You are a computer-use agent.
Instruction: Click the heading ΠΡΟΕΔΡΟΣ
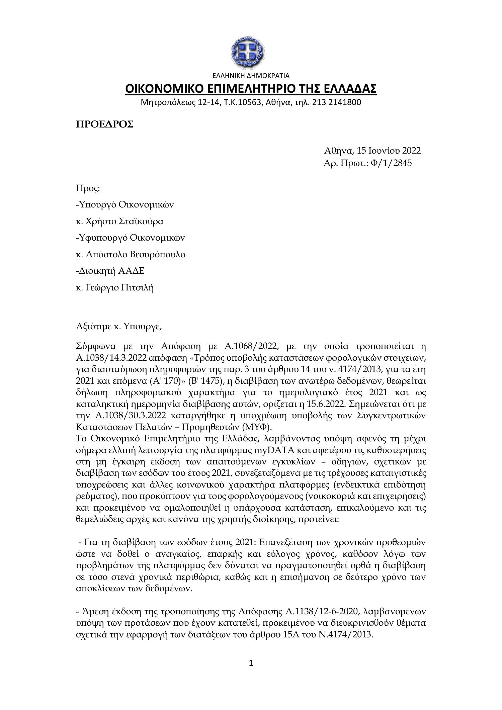coord(105,124)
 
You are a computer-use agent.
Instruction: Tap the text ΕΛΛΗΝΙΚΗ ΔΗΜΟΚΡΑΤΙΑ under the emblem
coord(251,76)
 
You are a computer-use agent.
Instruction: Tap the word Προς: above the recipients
coord(88,188)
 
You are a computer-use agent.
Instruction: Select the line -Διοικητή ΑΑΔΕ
coord(110,271)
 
